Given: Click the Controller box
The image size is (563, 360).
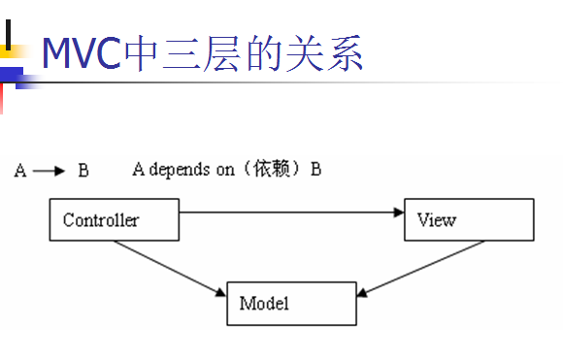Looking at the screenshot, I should click(x=114, y=219).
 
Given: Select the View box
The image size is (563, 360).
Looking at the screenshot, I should click(x=468, y=219).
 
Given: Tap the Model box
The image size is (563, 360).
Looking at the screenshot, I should click(x=291, y=304).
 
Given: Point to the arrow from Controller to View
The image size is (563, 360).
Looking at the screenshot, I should click(x=291, y=211).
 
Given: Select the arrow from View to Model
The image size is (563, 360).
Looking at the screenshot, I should click(x=421, y=266).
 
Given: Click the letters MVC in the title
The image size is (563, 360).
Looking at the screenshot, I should click(x=82, y=54).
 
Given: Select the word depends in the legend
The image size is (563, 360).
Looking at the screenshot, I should click(x=181, y=170).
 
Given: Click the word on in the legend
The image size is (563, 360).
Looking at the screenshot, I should click(x=226, y=170).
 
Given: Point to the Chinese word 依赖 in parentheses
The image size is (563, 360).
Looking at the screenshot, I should click(x=274, y=170).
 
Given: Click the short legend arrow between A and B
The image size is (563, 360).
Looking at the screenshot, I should click(x=49, y=171).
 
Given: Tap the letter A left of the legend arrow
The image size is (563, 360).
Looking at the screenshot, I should click(x=20, y=171).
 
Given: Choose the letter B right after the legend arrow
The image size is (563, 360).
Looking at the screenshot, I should click(x=83, y=171).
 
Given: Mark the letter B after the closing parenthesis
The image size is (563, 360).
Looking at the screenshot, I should click(x=315, y=170).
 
